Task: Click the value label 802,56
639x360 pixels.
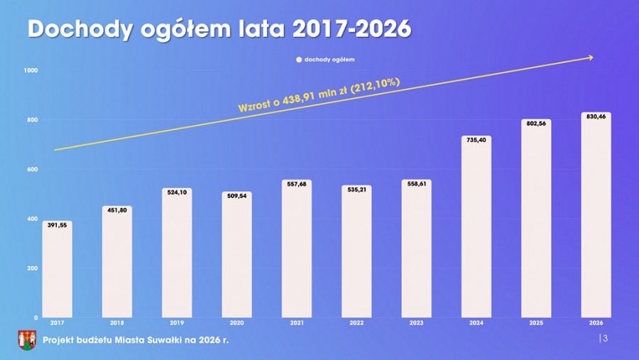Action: point(536,124)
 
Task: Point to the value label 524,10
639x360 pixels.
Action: point(177,192)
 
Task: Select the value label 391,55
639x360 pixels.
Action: point(57,225)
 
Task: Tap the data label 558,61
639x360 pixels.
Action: point(416,184)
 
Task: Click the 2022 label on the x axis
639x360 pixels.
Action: point(356,323)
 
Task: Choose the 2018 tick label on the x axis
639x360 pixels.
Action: point(116,323)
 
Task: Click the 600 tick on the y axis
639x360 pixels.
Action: point(33,169)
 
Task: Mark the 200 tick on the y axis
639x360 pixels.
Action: point(33,268)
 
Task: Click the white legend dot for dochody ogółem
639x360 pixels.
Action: point(299,60)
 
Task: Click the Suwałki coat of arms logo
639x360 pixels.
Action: point(27,339)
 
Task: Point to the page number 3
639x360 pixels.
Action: point(605,339)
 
